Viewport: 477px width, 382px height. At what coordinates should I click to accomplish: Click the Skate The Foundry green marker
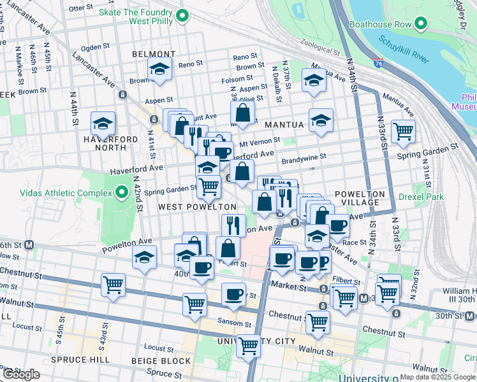click(182, 17)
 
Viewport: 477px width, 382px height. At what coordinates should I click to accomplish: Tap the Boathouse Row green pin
click(420, 24)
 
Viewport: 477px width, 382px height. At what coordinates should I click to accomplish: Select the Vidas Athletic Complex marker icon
click(122, 192)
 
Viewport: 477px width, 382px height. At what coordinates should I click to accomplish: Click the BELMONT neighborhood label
click(154, 55)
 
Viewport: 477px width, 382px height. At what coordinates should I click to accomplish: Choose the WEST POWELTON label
click(197, 207)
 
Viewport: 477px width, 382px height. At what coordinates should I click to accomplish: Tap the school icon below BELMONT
click(159, 69)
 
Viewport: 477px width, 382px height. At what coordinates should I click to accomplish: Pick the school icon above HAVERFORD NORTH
click(103, 122)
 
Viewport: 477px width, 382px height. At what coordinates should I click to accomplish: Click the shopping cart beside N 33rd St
click(403, 132)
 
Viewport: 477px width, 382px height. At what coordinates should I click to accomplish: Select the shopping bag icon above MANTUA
click(243, 113)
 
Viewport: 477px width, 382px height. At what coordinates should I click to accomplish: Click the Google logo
click(21, 374)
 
